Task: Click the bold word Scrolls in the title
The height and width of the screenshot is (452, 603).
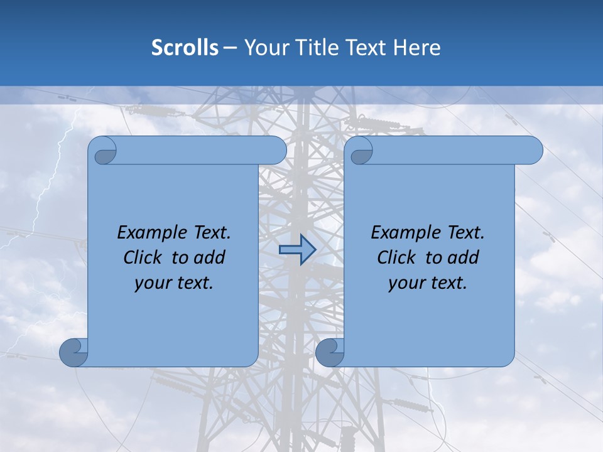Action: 185,48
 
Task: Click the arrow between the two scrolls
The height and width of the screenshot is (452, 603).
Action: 297,249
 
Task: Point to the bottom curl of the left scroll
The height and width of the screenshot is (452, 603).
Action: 74,353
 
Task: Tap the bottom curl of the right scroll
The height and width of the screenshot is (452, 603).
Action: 329,353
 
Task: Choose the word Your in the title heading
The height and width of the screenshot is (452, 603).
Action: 264,48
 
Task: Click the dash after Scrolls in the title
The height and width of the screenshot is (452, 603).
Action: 230,48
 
